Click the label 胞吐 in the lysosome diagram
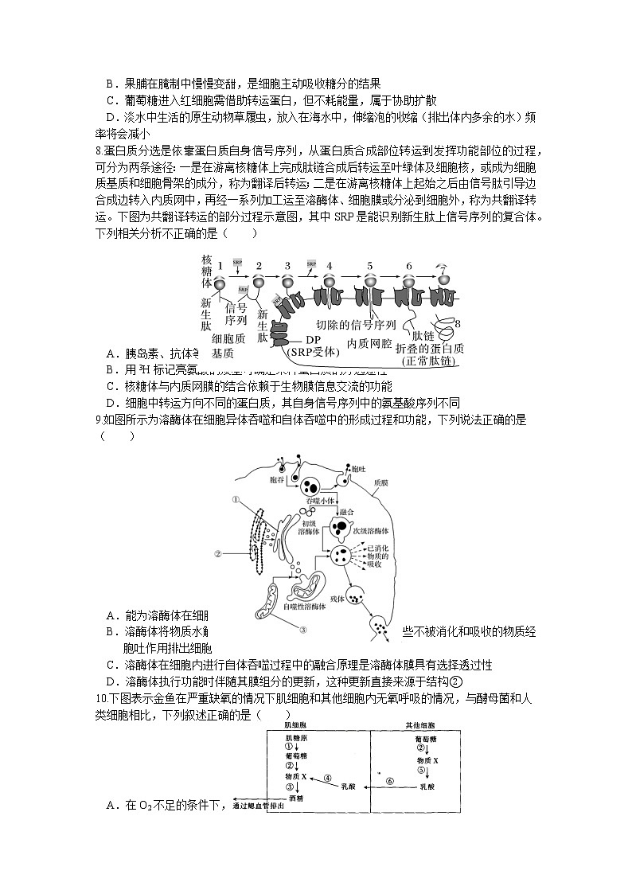(358, 470)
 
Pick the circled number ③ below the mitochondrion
(303, 629)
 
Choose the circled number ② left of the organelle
(217, 552)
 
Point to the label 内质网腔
(369, 343)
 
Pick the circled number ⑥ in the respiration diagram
(390, 781)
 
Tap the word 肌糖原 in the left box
(295, 740)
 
